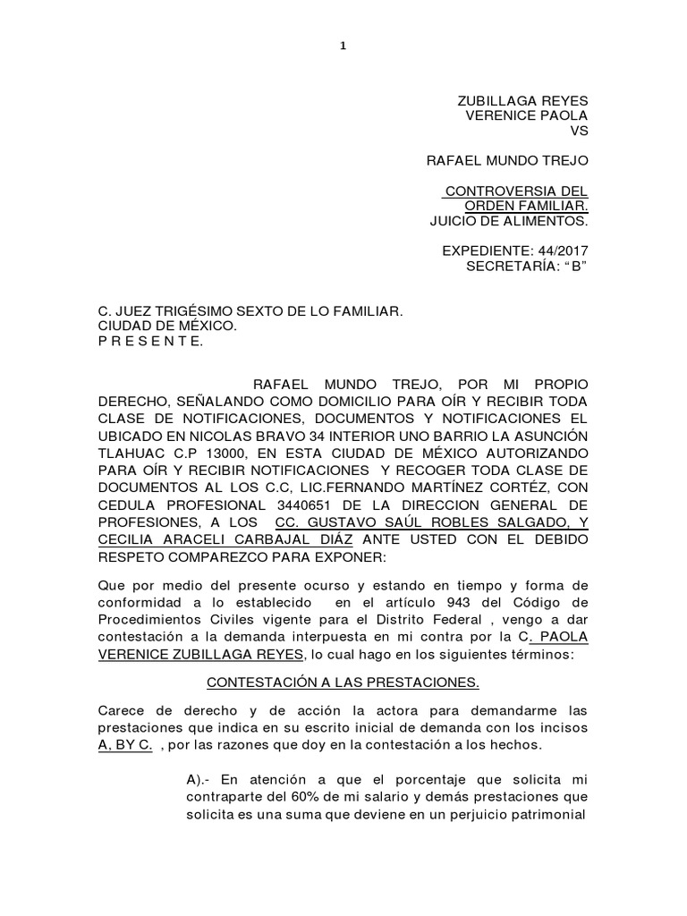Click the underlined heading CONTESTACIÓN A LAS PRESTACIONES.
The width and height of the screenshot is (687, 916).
tap(343, 683)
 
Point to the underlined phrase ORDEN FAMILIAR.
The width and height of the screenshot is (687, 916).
tap(530, 207)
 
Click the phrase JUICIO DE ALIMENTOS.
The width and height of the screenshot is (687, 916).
tap(508, 222)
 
